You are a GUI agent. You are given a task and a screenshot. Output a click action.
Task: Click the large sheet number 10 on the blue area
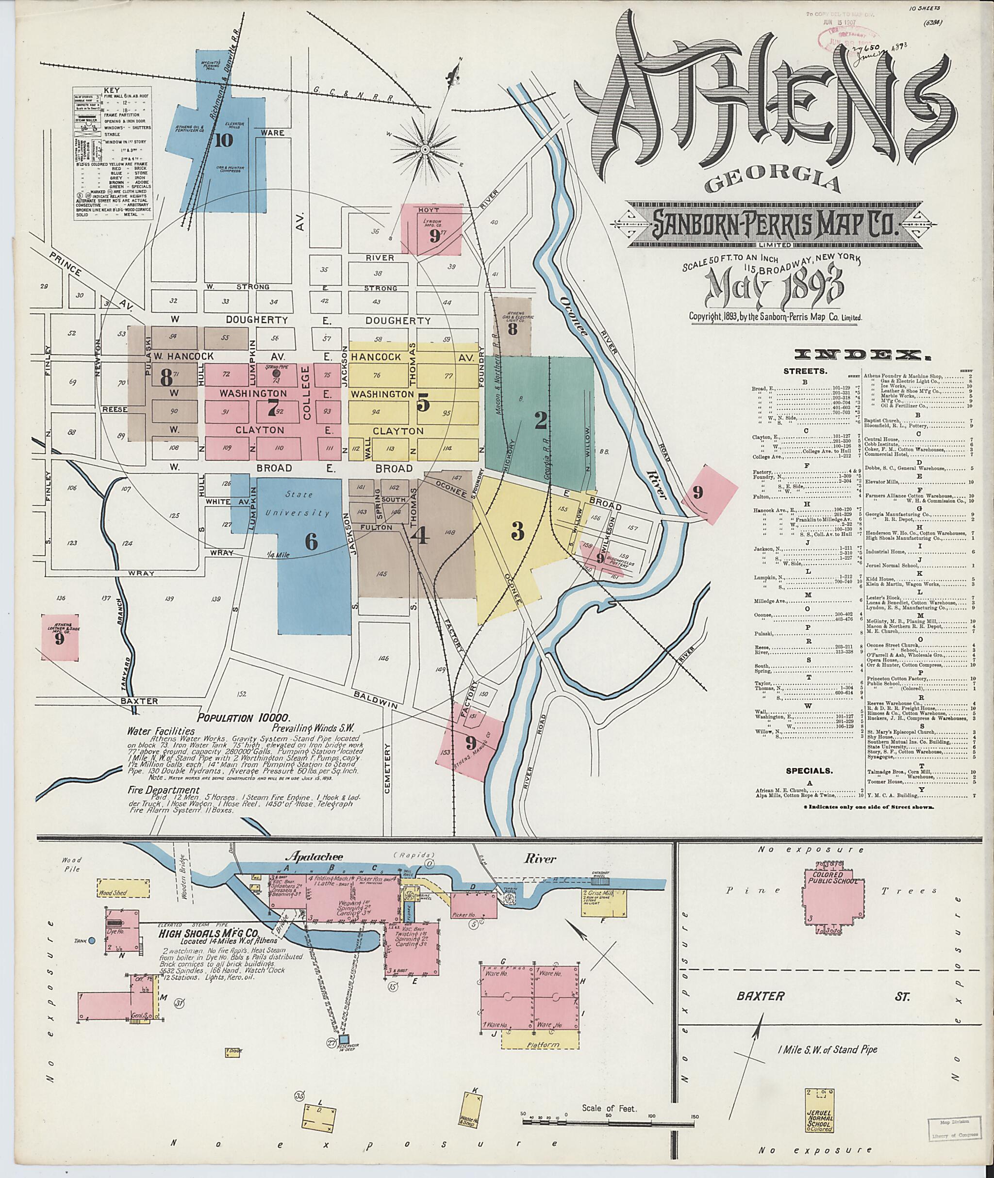click(x=223, y=141)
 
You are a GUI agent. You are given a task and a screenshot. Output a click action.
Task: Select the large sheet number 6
click(x=311, y=542)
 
